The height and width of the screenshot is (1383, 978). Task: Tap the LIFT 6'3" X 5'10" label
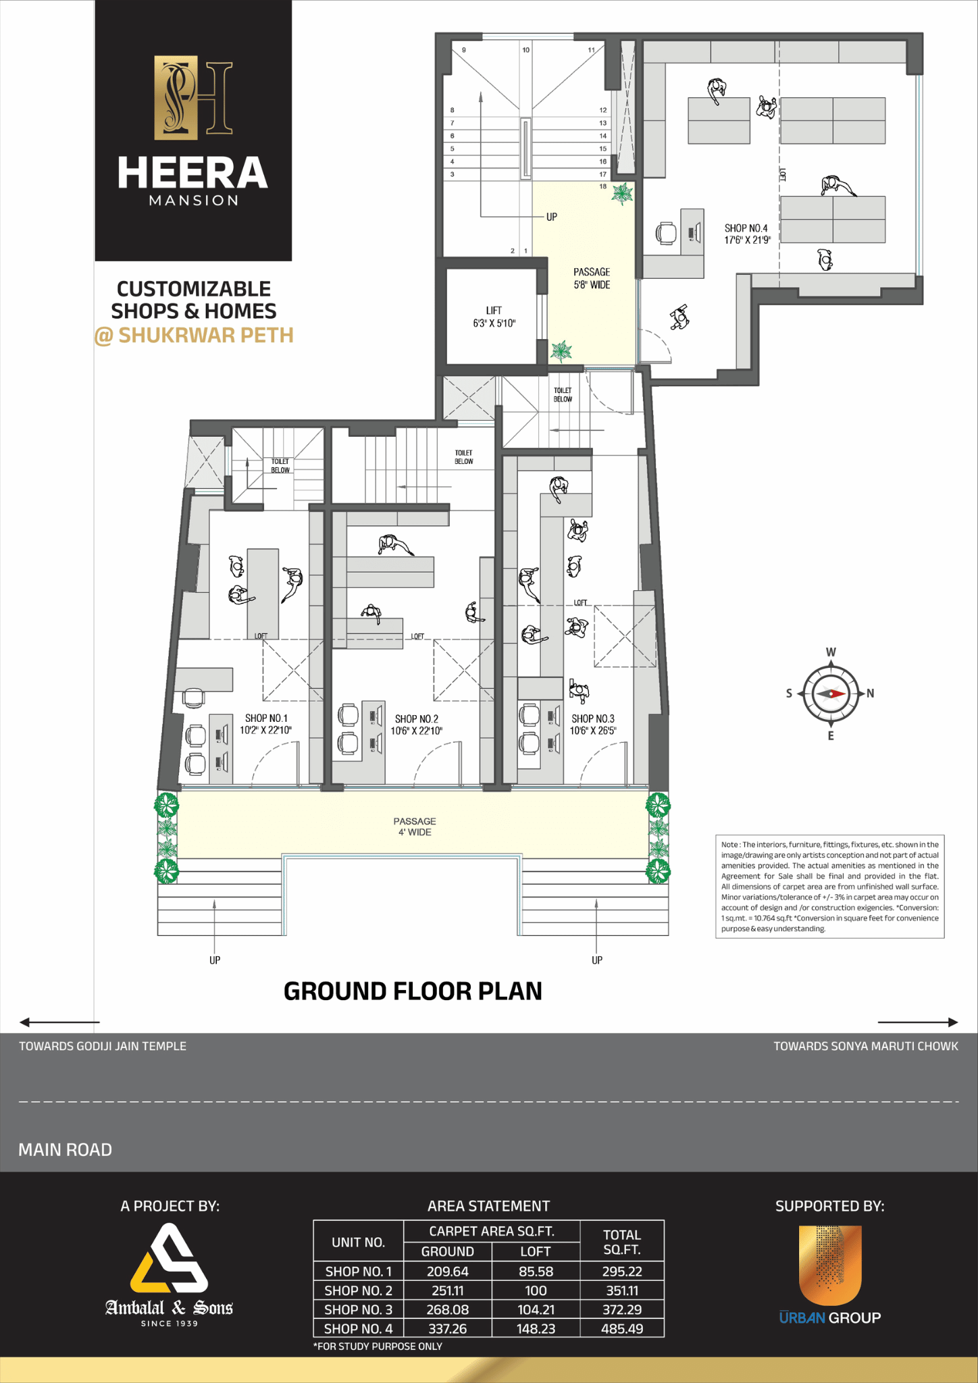point(494,317)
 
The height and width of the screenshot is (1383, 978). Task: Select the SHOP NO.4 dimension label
point(746,234)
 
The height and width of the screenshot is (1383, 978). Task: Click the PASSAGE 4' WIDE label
point(415,827)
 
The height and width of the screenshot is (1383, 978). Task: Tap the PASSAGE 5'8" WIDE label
point(592,278)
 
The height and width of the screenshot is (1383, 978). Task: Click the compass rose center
point(831,694)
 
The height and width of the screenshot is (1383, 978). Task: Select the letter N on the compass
point(871,694)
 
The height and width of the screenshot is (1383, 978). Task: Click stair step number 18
point(603,186)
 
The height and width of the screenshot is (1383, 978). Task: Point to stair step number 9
point(463,50)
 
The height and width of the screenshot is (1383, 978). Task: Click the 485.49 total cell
point(622,1328)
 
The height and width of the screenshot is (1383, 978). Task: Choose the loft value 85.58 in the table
point(536,1272)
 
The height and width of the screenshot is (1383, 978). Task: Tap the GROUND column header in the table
point(447,1251)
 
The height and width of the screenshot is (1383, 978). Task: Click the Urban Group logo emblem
point(830,1265)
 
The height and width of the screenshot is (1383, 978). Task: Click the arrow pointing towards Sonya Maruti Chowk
point(917,1022)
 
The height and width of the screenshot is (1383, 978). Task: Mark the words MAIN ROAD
point(66,1149)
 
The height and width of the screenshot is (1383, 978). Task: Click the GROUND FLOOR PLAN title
point(413,991)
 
